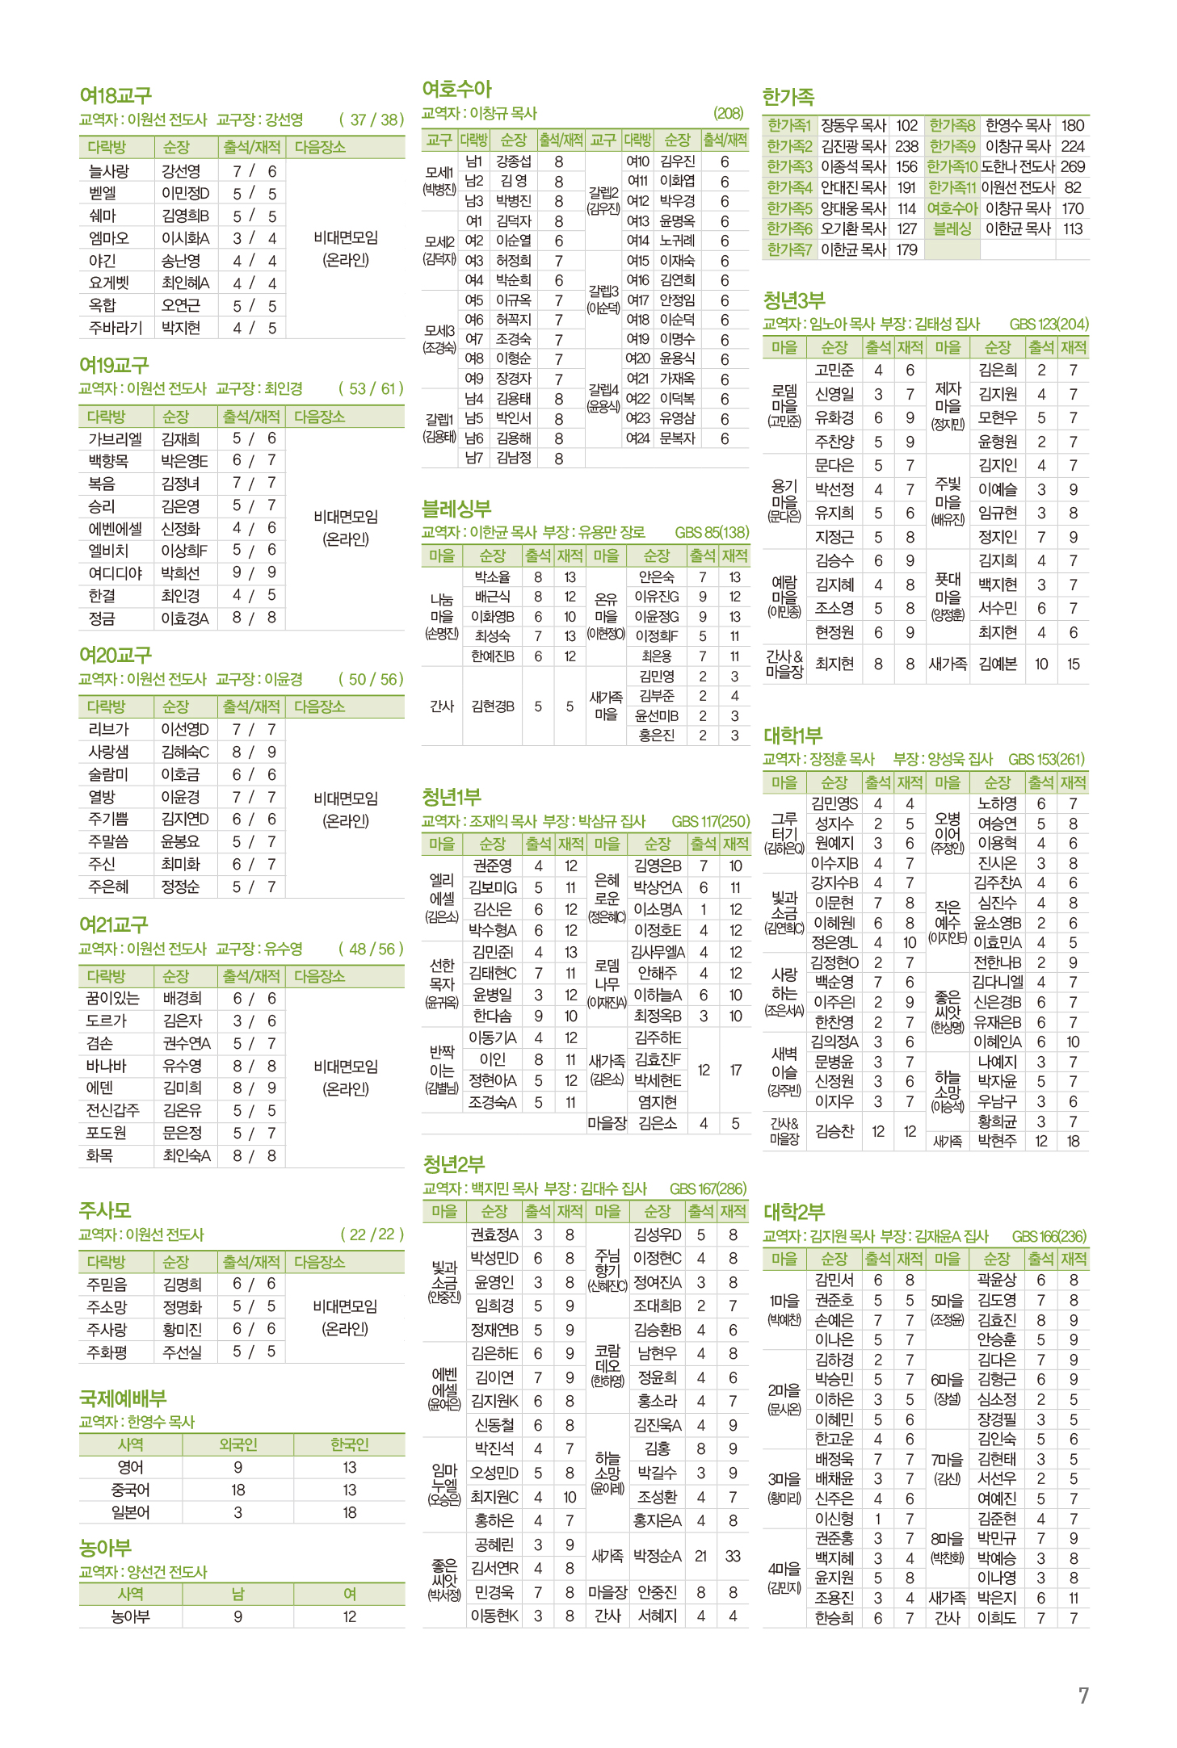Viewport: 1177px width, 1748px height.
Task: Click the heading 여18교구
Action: click(x=116, y=95)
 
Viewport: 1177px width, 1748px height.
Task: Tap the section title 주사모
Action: click(x=104, y=1209)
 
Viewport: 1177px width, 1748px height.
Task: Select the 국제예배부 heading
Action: click(x=123, y=1398)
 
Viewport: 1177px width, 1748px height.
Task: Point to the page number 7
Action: click(x=1083, y=1696)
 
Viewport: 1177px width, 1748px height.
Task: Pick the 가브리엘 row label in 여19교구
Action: click(x=115, y=438)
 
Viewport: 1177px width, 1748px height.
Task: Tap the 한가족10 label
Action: click(x=952, y=166)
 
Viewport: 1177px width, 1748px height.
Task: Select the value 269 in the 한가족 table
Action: click(x=1072, y=166)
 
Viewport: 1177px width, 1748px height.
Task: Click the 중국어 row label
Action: click(x=130, y=1490)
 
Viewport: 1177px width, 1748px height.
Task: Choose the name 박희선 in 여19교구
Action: click(x=179, y=573)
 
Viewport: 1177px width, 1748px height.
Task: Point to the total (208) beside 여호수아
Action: click(x=728, y=114)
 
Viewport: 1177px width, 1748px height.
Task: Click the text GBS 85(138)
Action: click(x=712, y=532)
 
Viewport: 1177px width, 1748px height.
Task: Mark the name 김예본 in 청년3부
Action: click(x=997, y=664)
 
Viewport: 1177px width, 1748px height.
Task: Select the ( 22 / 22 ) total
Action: click(x=372, y=1234)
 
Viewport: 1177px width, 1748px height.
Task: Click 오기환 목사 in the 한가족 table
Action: click(x=853, y=228)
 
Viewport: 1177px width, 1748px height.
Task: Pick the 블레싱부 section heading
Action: click(x=456, y=509)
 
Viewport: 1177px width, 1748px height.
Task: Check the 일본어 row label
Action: click(x=130, y=1512)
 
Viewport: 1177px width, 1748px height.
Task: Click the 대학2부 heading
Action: click(x=793, y=1212)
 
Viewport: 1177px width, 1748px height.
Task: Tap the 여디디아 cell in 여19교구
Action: click(x=115, y=573)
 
